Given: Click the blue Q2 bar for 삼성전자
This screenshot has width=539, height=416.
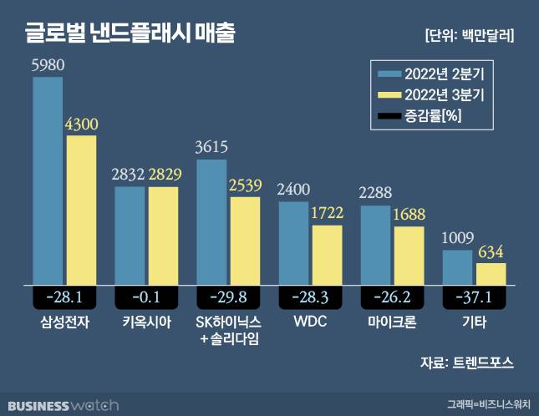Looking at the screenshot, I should tap(48, 180).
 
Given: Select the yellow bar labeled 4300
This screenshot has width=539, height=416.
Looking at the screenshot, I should tap(80, 209).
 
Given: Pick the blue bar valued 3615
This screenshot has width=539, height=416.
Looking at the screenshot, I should tap(211, 221).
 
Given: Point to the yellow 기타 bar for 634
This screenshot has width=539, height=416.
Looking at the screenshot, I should tap(490, 274).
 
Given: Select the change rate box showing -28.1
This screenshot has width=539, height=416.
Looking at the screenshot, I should tap(64, 297).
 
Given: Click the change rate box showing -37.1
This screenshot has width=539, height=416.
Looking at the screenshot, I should tap(474, 297).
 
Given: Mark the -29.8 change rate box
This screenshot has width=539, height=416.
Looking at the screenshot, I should tap(228, 297).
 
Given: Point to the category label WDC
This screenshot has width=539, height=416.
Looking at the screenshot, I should tap(310, 322).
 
